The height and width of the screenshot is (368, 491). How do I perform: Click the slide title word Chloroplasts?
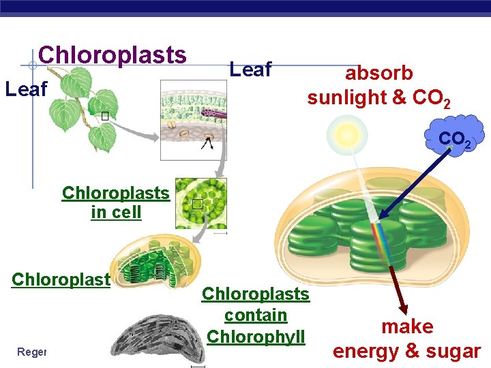112,55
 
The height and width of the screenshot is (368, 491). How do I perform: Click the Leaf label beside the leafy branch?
26,89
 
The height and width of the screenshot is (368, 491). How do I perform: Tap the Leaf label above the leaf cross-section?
250,69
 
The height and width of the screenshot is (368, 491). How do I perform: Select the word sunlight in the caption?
347,98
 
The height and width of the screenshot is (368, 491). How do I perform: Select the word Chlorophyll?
256,337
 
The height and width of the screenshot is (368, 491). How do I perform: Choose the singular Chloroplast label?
61,280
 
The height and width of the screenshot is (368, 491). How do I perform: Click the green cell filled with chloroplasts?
201,203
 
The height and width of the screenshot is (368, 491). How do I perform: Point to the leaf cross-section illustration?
193,120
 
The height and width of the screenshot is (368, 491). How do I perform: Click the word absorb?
378,73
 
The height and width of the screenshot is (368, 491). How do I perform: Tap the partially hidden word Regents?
31,352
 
